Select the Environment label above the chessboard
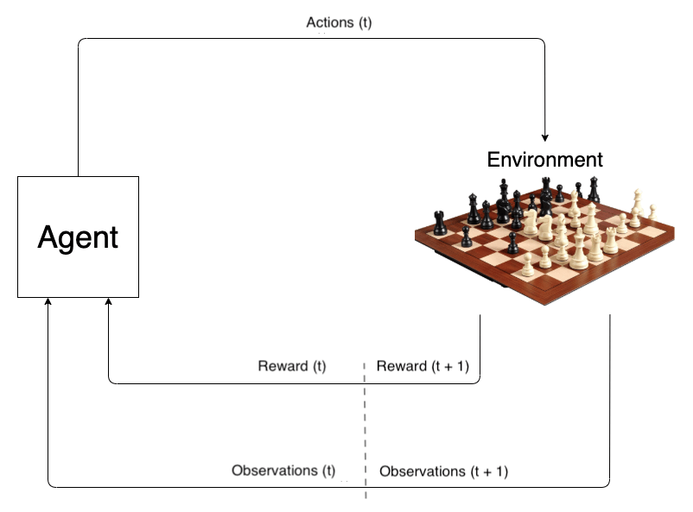pyautogui.click(x=544, y=160)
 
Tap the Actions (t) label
pyautogui.click(x=339, y=22)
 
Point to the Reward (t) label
pyautogui.click(x=292, y=366)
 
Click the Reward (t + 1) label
pyautogui.click(x=423, y=366)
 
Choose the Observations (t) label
pyautogui.click(x=283, y=471)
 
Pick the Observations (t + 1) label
pyautogui.click(x=444, y=471)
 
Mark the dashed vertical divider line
pyautogui.click(x=366, y=432)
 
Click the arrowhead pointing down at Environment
pyautogui.click(x=545, y=136)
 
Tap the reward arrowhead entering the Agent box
pyautogui.click(x=108, y=303)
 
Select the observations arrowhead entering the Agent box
pyautogui.click(x=48, y=303)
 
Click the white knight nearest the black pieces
pyautogui.click(x=546, y=226)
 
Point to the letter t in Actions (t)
pyautogui.click(x=362, y=22)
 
